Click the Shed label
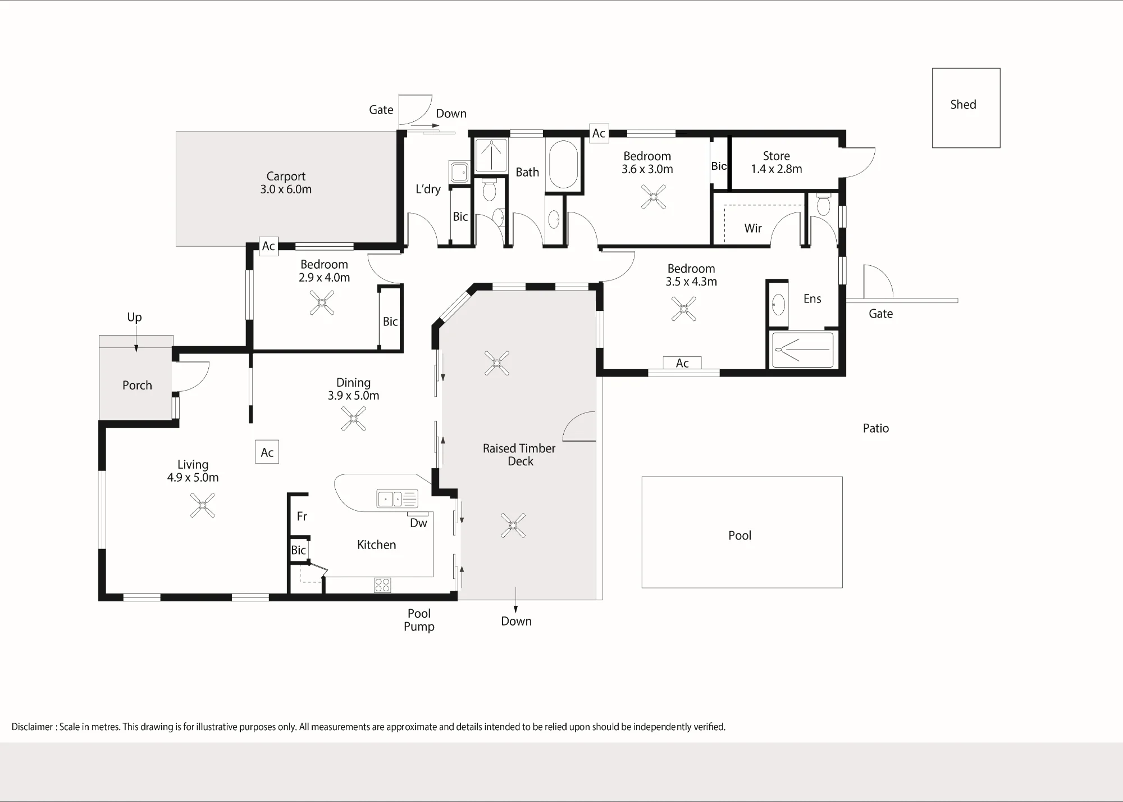[x=963, y=105]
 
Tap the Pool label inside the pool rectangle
[x=739, y=536]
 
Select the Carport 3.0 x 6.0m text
[x=286, y=183]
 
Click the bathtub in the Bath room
[x=563, y=165]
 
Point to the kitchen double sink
[x=397, y=499]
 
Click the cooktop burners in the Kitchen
[x=382, y=585]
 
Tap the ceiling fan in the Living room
[x=202, y=505]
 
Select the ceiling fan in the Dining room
[x=354, y=419]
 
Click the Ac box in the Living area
[x=267, y=452]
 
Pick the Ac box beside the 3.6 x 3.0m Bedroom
[x=599, y=133]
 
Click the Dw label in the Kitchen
[x=418, y=523]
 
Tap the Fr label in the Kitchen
[x=302, y=516]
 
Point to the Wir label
[x=753, y=228]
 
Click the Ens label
[x=812, y=299]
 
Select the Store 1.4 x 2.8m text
[x=777, y=162]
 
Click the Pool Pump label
[x=419, y=620]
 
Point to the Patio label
[x=876, y=428]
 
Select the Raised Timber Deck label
[x=519, y=455]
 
